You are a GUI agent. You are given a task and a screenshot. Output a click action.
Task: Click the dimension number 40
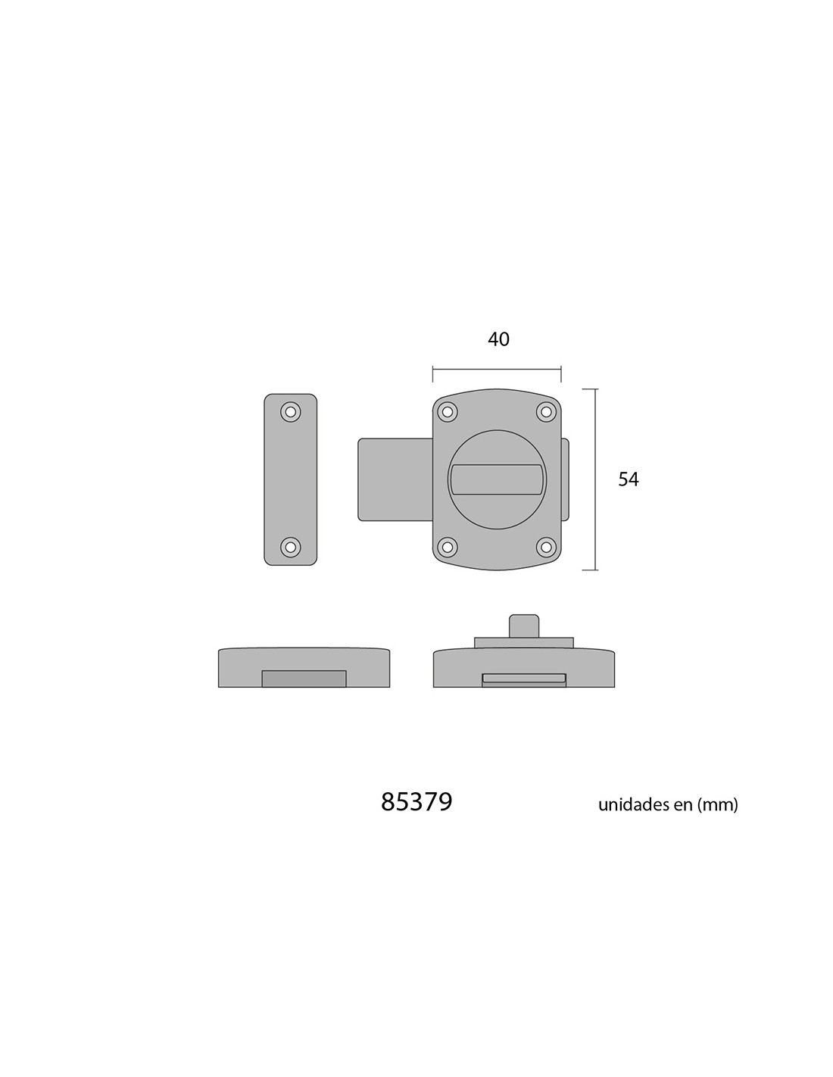[x=498, y=339]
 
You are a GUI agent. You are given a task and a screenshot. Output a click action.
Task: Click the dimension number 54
[x=628, y=479]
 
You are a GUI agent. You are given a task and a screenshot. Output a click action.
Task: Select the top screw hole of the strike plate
[x=290, y=411]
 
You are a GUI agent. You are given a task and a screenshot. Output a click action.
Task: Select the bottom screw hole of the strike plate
[x=290, y=547]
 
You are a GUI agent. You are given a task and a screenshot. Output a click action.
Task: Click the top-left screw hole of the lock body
[x=448, y=411]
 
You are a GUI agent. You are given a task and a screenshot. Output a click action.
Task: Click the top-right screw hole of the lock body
[x=546, y=411]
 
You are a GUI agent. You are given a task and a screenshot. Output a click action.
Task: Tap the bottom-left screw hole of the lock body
[x=448, y=547]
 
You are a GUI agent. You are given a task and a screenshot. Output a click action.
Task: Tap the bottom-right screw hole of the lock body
[x=546, y=547]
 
